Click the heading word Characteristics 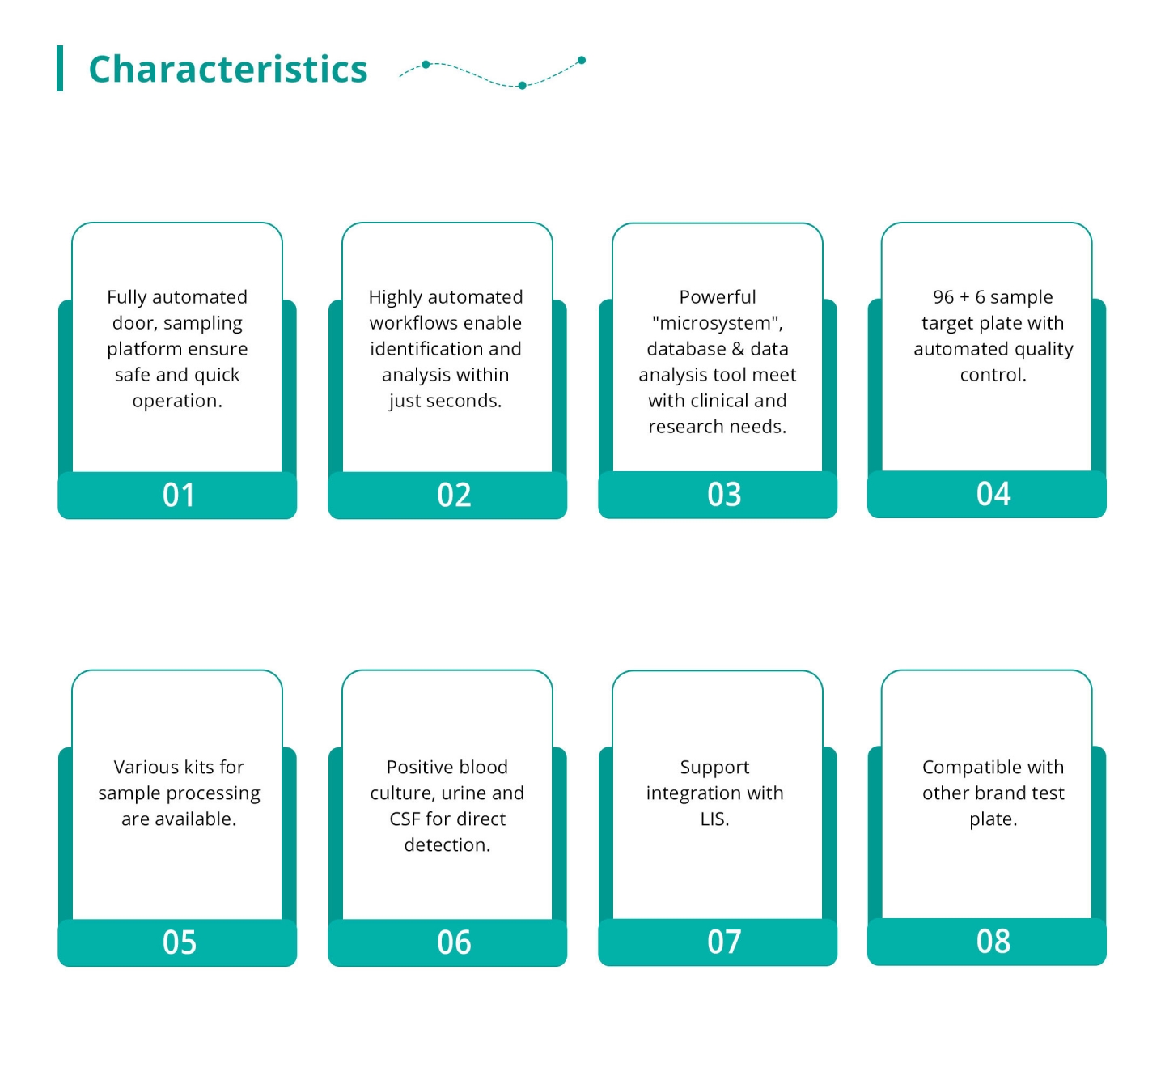(x=228, y=69)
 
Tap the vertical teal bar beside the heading (x=60, y=68)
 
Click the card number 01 (x=178, y=495)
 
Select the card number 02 (x=454, y=495)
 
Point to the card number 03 (x=723, y=494)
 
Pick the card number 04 (x=993, y=494)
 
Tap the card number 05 (x=179, y=942)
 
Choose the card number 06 (x=454, y=942)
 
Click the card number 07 (x=723, y=941)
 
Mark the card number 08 (x=993, y=941)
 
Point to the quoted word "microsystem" (x=718, y=323)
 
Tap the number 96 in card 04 (x=943, y=297)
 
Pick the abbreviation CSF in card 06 (x=405, y=819)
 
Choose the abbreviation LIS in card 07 (x=714, y=819)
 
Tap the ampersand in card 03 (x=738, y=349)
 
